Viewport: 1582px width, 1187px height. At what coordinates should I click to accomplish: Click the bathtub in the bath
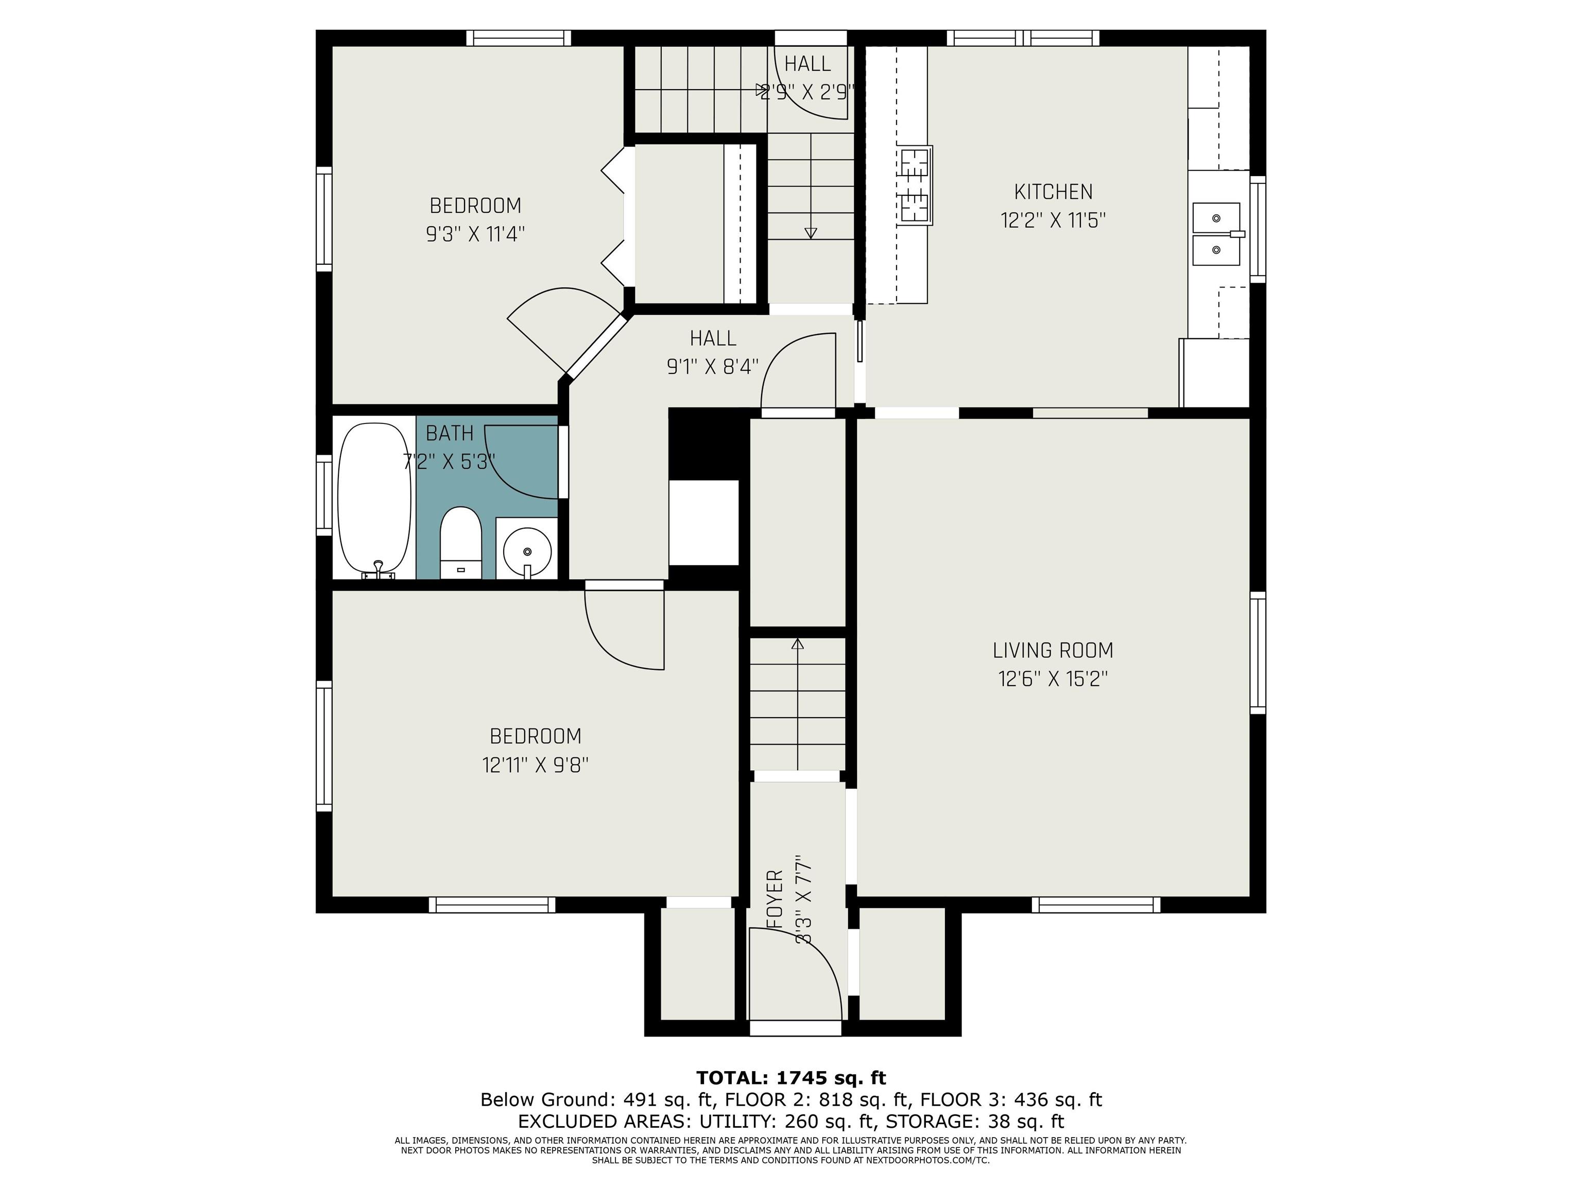click(374, 498)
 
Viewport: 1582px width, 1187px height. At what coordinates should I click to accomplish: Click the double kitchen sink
click(1216, 234)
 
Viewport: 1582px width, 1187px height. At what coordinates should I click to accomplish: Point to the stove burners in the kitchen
click(915, 185)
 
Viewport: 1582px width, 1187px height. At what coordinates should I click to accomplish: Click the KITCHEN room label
click(1053, 192)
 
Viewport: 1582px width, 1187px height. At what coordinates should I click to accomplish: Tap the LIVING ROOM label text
click(1053, 650)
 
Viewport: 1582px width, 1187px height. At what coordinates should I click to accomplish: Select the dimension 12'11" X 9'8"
click(535, 766)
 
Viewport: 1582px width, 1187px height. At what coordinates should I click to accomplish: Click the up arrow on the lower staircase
click(797, 644)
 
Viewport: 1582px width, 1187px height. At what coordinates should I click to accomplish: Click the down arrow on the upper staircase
click(810, 232)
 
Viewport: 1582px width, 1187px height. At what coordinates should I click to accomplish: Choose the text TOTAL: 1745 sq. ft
click(790, 1078)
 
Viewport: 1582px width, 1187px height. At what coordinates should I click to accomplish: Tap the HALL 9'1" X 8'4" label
click(712, 352)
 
